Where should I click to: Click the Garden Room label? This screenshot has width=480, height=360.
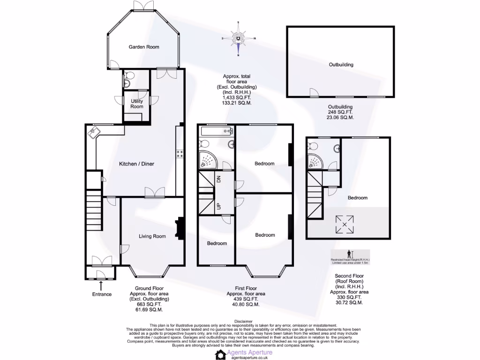pos(144,47)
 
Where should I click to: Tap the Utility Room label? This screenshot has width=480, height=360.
pos(137,104)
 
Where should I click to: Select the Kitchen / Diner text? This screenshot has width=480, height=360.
pos(136,164)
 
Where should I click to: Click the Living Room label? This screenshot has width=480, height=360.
pos(152,236)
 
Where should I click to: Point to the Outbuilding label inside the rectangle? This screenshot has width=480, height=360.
pos(341,65)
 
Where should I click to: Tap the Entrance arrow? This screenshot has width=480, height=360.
pos(101,285)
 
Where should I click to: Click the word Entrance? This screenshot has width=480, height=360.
pos(102,294)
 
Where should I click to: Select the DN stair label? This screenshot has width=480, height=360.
pos(218,179)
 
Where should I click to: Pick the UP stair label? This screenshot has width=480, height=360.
pos(218,206)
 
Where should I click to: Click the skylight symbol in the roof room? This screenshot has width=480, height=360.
pos(345,225)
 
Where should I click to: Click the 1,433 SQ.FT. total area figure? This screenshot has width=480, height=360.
pos(237,97)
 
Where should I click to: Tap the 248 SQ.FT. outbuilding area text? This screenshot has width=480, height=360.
pos(340,112)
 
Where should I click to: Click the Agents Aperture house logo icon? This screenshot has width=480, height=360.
pos(220,354)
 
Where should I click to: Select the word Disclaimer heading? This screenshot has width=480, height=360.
pos(243,321)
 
